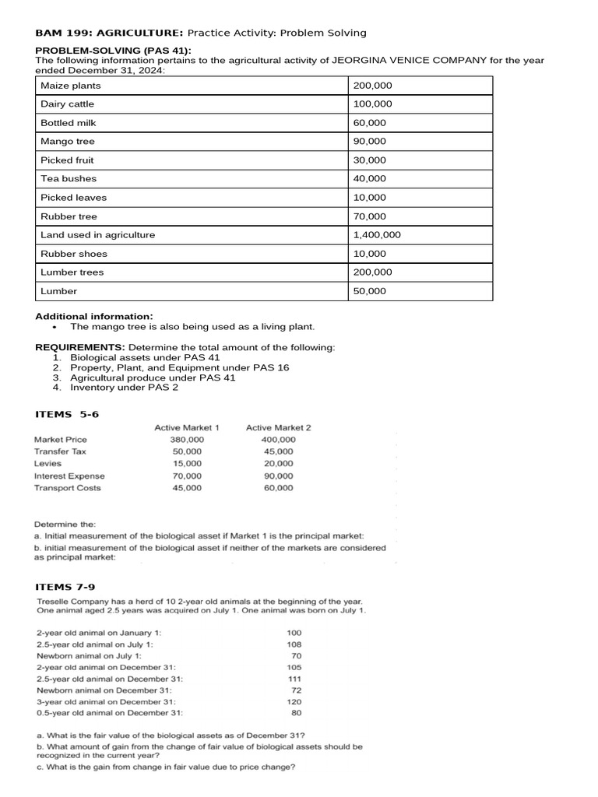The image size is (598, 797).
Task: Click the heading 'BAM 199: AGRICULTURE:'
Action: pos(109,33)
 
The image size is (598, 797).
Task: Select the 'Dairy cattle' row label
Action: pos(68,104)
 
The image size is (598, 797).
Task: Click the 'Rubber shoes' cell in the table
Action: pos(74,254)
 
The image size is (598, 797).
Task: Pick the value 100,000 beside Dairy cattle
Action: pos(373,104)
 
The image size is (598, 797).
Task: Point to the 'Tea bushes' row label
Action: pos(68,179)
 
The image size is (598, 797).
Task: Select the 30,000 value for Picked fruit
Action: pos(370,160)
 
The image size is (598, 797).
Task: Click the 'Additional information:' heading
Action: pos(95,316)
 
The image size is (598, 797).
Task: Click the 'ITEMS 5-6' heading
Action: pos(67,414)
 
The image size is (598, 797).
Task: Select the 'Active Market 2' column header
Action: pos(278,427)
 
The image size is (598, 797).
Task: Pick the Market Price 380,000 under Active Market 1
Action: pos(187,440)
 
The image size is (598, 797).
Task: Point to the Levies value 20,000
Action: pos(279,464)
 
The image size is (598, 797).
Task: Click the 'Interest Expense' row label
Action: pos(69,476)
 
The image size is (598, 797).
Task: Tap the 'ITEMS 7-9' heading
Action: pos(67,586)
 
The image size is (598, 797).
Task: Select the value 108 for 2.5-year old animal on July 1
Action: pos(294,644)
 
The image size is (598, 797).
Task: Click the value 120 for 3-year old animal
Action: pos(294,701)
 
